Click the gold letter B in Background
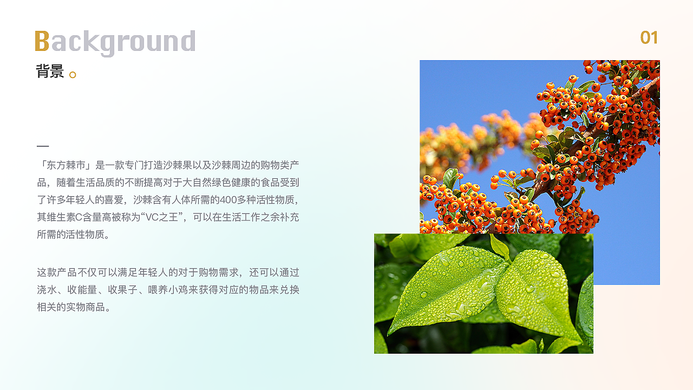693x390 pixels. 42,41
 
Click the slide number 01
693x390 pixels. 649,38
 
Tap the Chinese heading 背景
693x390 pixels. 50,71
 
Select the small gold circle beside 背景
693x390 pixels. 73,75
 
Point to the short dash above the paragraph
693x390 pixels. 43,146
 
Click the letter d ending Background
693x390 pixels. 187,42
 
